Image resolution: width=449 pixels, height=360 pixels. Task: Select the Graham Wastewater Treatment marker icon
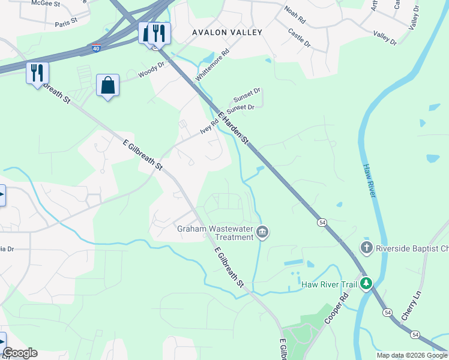[x=262, y=232]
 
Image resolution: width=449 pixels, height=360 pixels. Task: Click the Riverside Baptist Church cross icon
[x=366, y=247]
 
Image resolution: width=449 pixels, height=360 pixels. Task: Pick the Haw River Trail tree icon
[x=366, y=284]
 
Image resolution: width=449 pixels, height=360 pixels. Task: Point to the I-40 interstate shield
[x=96, y=47]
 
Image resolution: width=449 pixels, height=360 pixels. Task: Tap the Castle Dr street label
[x=299, y=37]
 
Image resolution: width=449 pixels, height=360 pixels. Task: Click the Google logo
[x=20, y=353]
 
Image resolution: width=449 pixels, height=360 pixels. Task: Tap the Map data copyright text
[x=411, y=355]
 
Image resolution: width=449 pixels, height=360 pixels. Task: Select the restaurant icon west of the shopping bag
[x=37, y=73]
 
